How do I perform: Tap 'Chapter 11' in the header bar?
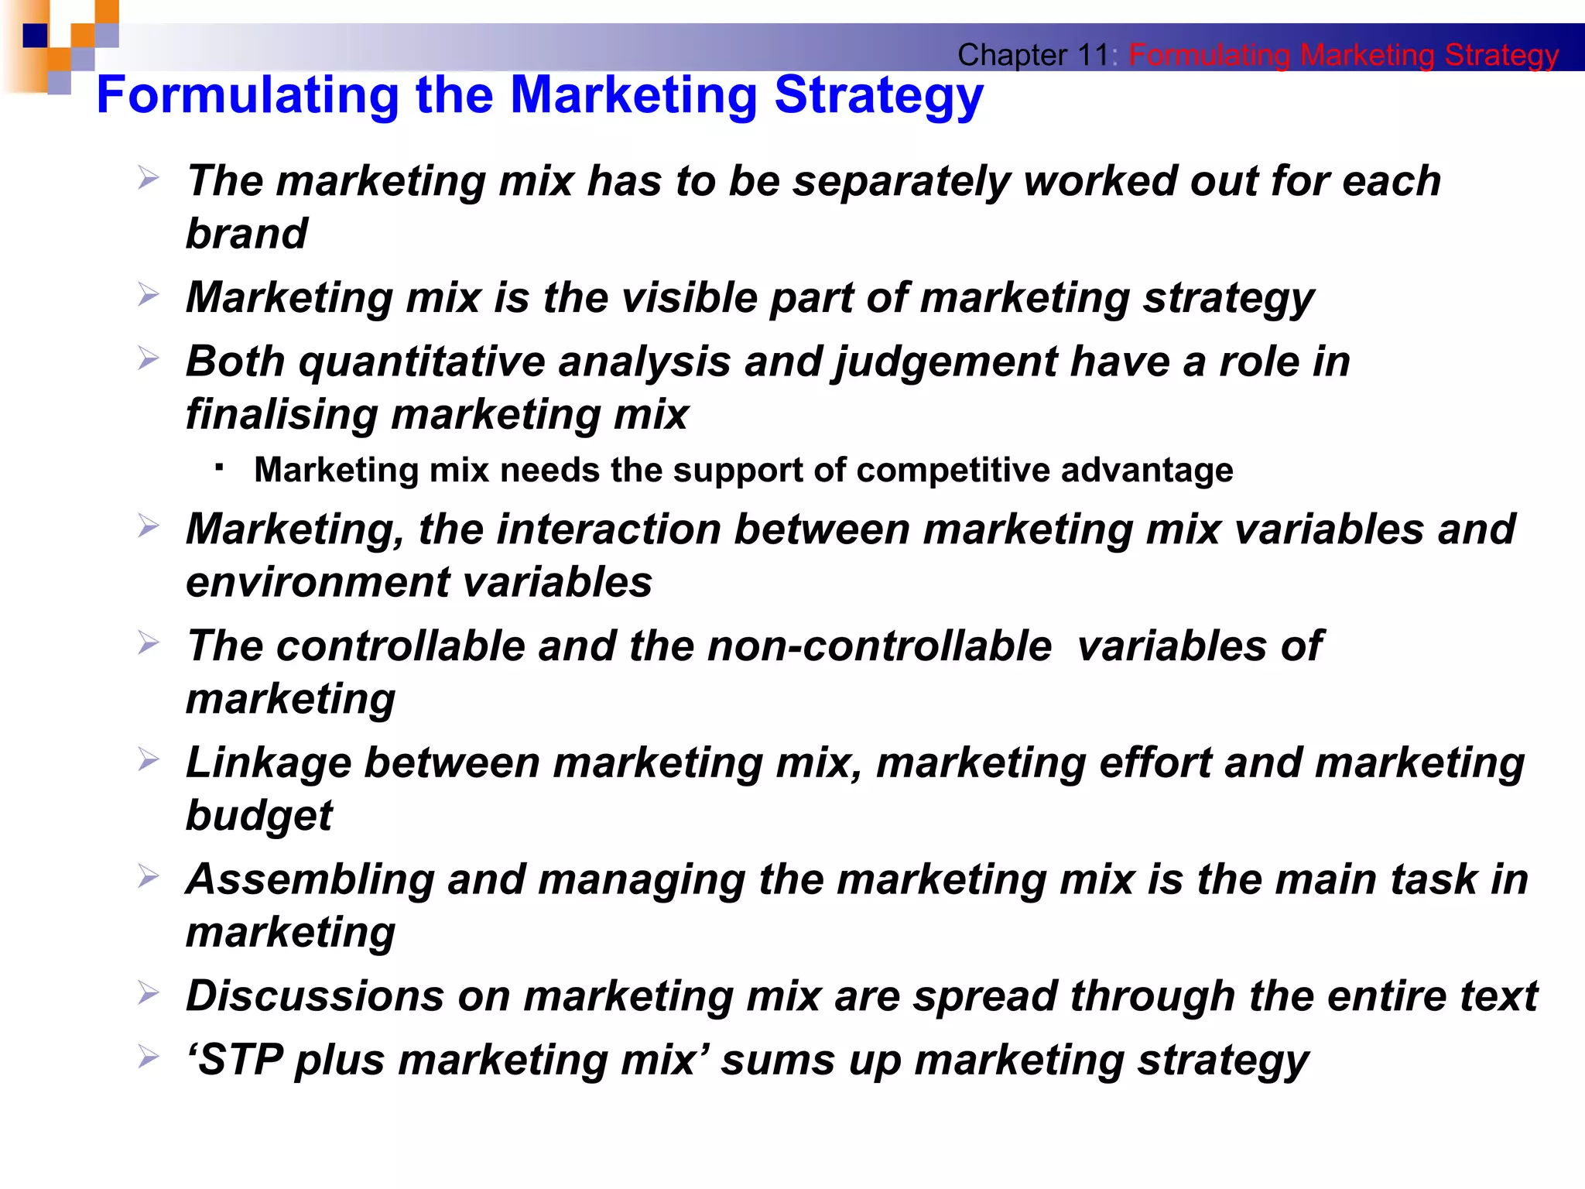tap(1032, 55)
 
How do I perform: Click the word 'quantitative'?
tap(422, 362)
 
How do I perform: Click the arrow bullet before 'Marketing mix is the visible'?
tap(148, 294)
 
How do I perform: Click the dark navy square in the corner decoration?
tap(35, 36)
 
